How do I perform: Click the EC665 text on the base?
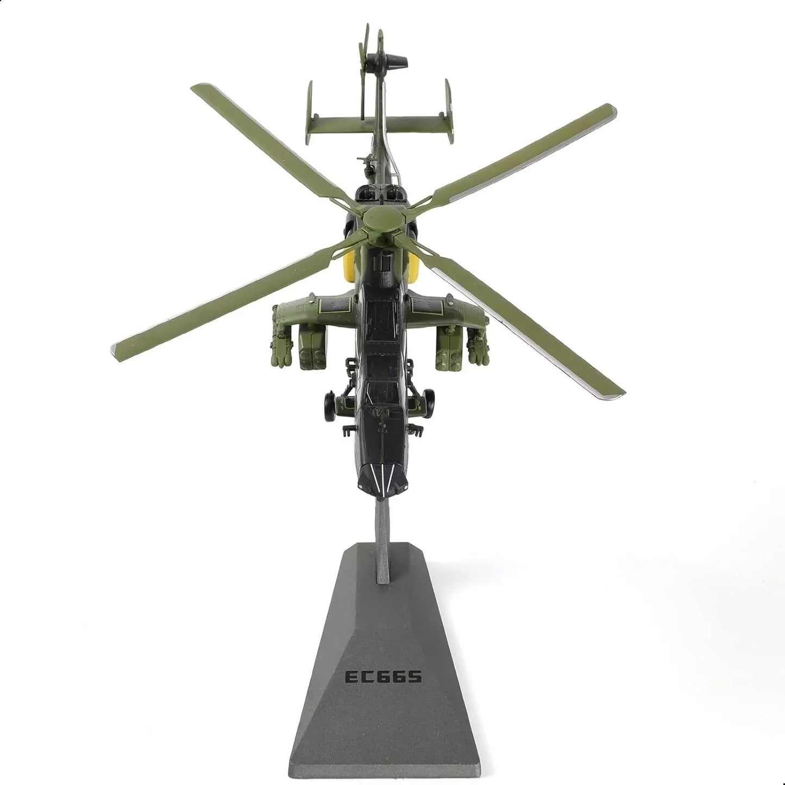pyautogui.click(x=384, y=677)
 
